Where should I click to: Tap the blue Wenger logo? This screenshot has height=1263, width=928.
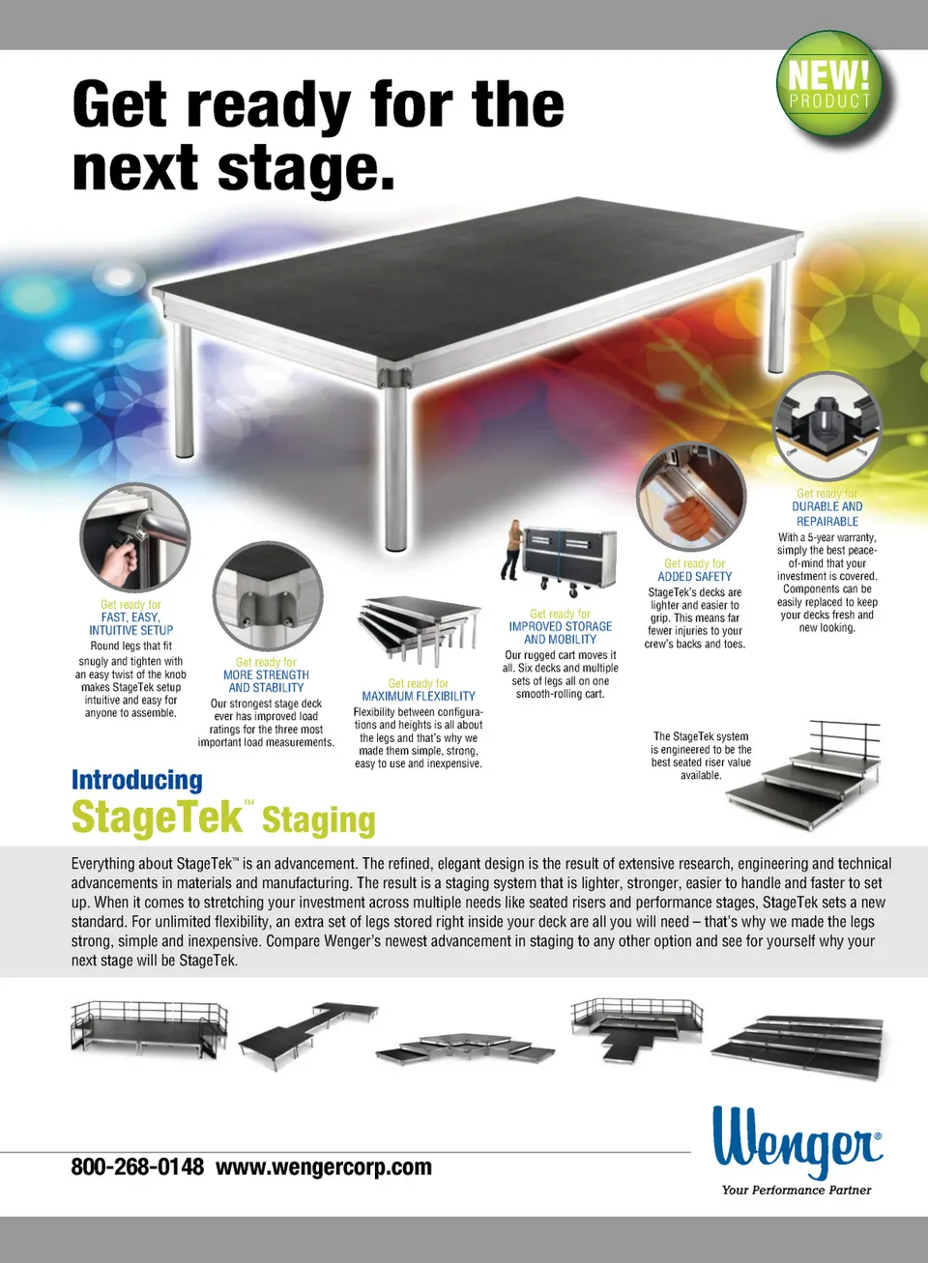(797, 1141)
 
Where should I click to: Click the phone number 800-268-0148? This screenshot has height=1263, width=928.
(137, 1166)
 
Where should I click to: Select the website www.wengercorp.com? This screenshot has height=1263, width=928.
(324, 1167)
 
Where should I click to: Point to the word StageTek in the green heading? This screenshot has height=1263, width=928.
(157, 817)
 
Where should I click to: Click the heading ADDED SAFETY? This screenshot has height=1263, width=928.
(694, 576)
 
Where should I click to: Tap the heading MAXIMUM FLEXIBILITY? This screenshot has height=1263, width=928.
(419, 696)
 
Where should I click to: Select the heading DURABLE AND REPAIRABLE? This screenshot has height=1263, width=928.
(827, 514)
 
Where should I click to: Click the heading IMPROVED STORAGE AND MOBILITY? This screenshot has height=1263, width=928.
(561, 633)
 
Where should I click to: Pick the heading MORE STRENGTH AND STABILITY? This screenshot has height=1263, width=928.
(266, 681)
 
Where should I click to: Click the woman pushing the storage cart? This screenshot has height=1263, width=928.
(512, 550)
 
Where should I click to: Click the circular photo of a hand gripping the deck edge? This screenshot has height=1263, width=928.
(691, 497)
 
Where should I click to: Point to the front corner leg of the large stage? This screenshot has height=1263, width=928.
(395, 465)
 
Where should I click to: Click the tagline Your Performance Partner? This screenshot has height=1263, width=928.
(797, 1191)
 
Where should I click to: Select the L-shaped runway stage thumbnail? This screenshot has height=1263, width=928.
(307, 1035)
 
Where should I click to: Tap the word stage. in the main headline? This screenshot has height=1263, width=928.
(305, 168)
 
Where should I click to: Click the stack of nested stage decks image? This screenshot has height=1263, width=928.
(419, 631)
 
